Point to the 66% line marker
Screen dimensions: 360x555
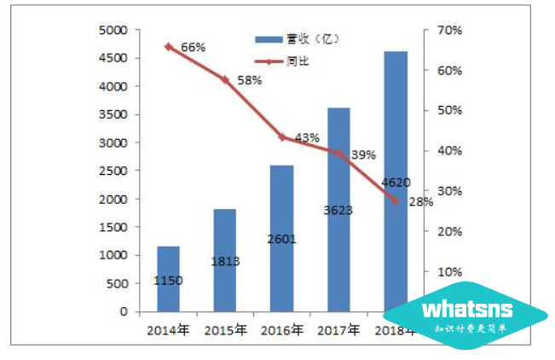pyautogui.click(x=168, y=46)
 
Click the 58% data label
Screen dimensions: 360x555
pyautogui.click(x=249, y=79)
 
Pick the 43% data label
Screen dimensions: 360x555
pyautogui.click(x=307, y=136)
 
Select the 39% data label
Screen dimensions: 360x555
pyautogui.click(x=363, y=154)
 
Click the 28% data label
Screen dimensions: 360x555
pyautogui.click(x=420, y=201)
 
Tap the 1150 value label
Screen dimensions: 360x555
pyautogui.click(x=168, y=280)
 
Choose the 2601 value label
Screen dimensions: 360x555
pyautogui.click(x=281, y=239)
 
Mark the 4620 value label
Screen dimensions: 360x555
pyautogui.click(x=396, y=182)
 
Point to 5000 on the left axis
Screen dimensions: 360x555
pyautogui.click(x=113, y=31)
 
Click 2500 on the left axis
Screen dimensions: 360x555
pyautogui.click(x=113, y=171)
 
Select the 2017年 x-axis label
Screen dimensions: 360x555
pyautogui.click(x=338, y=330)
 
